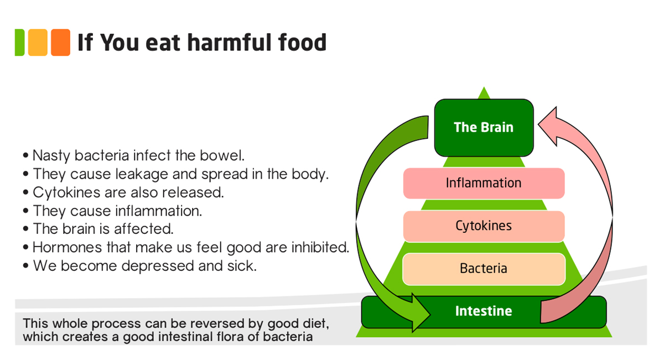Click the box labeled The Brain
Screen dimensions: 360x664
pyautogui.click(x=484, y=127)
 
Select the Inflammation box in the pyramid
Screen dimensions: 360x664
pyautogui.click(x=484, y=183)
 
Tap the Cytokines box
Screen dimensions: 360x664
pyautogui.click(x=484, y=226)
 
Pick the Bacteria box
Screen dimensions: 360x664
pyautogui.click(x=484, y=269)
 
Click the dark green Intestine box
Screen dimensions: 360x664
pyautogui.click(x=484, y=311)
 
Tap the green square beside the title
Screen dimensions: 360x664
pyautogui.click(x=20, y=43)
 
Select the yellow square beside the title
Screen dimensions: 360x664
pyautogui.click(x=38, y=43)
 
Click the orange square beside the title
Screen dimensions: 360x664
pyautogui.click(x=60, y=43)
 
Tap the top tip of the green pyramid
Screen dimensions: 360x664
pyautogui.click(x=484, y=88)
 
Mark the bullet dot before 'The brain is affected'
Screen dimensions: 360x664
pyautogui.click(x=26, y=229)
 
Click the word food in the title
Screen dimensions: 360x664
pyautogui.click(x=301, y=43)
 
